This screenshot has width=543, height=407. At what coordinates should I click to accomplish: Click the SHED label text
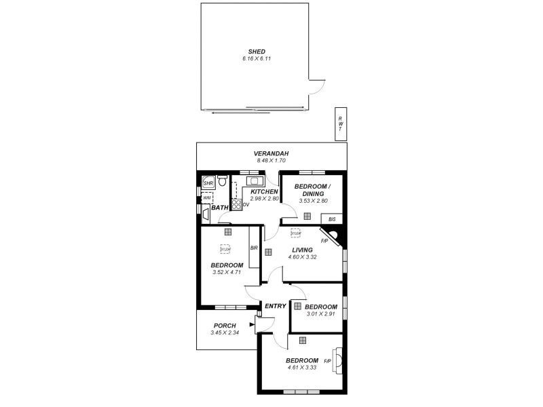(x=257, y=52)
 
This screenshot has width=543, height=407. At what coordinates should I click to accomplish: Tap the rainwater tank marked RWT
(x=340, y=124)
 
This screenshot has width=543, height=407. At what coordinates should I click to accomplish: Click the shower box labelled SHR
(x=208, y=183)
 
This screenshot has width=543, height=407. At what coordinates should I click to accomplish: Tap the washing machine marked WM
(x=207, y=198)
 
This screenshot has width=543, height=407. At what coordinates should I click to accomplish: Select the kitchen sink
(x=255, y=181)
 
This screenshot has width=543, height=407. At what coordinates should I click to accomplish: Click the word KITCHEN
(x=264, y=192)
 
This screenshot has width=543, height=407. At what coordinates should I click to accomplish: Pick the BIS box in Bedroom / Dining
(x=331, y=219)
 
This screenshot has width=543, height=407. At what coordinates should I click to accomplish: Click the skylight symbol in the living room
(x=296, y=233)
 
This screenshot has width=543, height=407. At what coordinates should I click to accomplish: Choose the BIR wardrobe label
(x=254, y=248)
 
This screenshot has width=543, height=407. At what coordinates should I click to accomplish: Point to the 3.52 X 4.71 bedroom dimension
(x=227, y=273)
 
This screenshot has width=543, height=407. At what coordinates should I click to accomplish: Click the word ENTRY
(x=275, y=306)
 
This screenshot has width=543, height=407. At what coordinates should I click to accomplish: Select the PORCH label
(x=225, y=326)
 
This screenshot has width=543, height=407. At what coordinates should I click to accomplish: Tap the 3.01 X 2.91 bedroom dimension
(x=321, y=314)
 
